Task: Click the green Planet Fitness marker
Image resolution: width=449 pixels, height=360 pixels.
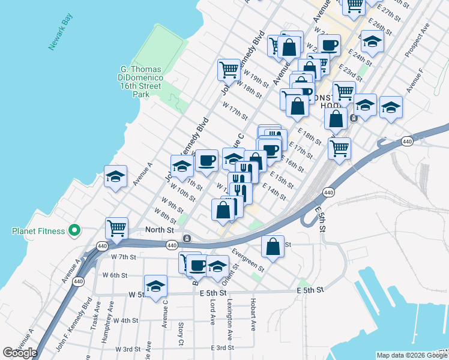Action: pos(74,230)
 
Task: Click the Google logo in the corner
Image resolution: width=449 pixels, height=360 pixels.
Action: pos(20,353)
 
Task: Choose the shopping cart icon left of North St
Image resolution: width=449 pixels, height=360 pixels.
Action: pos(116,227)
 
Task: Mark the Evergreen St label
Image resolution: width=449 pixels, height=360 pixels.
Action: pos(247,260)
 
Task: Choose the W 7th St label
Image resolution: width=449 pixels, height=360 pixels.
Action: pos(124,257)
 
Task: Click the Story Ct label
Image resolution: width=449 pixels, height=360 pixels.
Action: pos(181,334)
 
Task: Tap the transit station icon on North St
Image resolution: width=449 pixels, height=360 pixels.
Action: pos(187,238)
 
